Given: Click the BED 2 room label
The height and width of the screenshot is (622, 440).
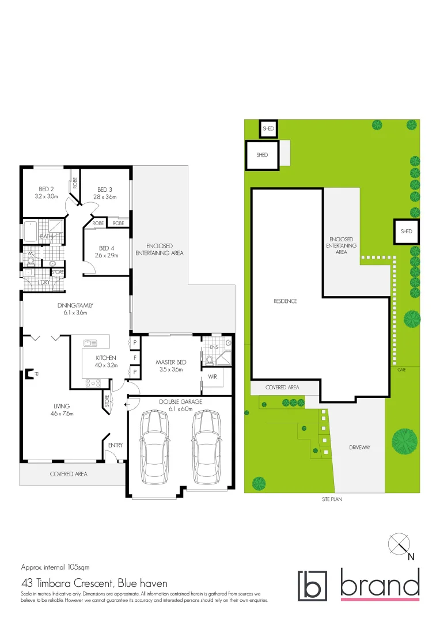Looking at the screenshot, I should [x=46, y=189].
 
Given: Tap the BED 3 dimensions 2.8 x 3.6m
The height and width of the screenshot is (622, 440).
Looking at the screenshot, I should [x=105, y=197].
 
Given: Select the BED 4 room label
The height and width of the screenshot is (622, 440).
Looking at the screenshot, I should [x=107, y=248].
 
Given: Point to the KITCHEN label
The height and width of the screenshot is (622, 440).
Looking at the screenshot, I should [x=106, y=358].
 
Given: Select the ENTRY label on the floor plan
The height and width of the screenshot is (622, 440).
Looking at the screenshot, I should [x=115, y=445].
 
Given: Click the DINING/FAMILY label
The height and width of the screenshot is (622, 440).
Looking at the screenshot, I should [x=75, y=305].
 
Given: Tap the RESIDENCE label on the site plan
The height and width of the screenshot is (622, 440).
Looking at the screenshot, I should [x=285, y=301].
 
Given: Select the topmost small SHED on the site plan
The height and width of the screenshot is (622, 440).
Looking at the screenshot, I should [x=268, y=129].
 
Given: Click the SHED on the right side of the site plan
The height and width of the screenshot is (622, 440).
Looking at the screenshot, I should [x=407, y=232].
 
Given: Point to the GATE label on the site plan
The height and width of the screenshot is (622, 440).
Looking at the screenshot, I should [x=401, y=369].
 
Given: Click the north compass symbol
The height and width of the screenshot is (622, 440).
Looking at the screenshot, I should [x=399, y=544].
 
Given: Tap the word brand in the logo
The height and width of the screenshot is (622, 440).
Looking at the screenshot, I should [x=379, y=585].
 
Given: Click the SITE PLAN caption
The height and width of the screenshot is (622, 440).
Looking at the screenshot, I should [x=332, y=499].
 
